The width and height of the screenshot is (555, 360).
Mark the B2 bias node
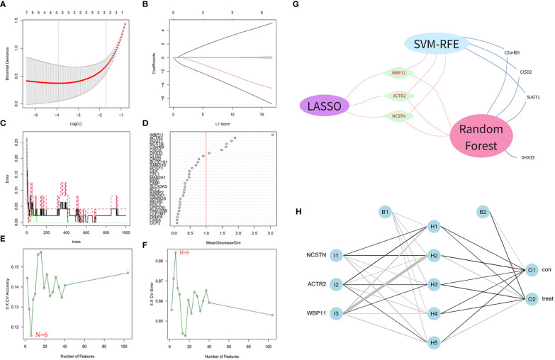(x=482, y=212)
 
